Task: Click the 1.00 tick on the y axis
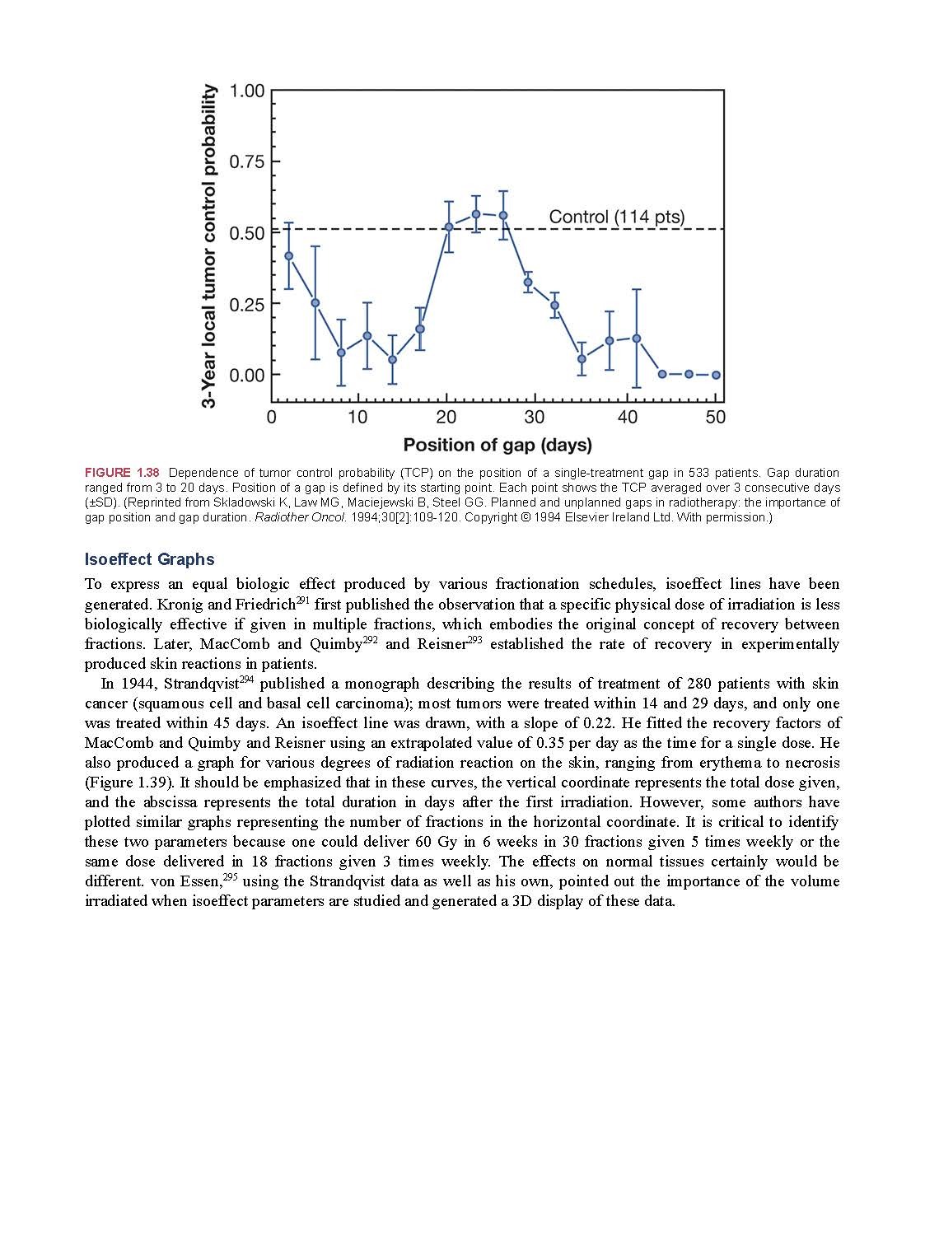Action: click(x=247, y=91)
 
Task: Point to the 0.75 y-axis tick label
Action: click(x=247, y=161)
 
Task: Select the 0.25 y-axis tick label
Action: click(x=247, y=304)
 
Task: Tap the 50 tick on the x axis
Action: click(x=716, y=417)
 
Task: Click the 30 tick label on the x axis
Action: click(x=535, y=417)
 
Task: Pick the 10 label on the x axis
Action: click(x=357, y=417)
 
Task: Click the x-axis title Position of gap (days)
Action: click(x=498, y=446)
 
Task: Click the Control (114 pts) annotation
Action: click(x=616, y=217)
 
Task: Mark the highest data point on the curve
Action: click(x=475, y=214)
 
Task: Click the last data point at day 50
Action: click(x=716, y=375)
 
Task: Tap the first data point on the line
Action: click(x=288, y=256)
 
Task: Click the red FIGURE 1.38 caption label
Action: click(x=122, y=473)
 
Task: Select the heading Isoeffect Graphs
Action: click(x=149, y=560)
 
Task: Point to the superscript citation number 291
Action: click(x=302, y=600)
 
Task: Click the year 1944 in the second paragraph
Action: click(x=137, y=684)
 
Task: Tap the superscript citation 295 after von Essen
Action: click(x=231, y=877)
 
